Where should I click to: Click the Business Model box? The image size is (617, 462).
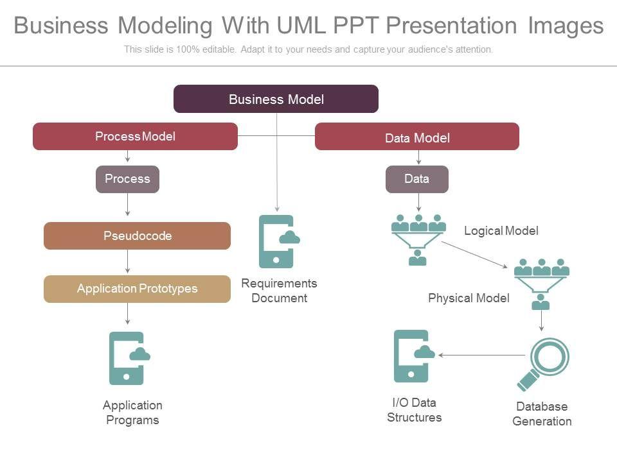(x=276, y=99)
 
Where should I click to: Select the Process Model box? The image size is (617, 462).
(x=135, y=136)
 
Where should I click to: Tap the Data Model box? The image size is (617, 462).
(x=417, y=137)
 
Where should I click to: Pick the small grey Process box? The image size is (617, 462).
(x=127, y=179)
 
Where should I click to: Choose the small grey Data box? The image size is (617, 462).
(x=417, y=179)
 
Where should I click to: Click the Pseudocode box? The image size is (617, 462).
(x=137, y=235)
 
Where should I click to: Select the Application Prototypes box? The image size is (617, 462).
(x=137, y=289)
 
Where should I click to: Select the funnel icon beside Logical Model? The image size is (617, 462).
(x=418, y=239)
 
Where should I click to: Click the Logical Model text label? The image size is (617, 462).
(x=501, y=230)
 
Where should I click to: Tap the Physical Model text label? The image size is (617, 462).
(x=469, y=298)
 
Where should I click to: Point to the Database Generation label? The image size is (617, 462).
(x=542, y=414)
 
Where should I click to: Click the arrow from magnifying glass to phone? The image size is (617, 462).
(x=482, y=355)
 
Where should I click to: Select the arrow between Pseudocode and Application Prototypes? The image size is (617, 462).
(x=128, y=262)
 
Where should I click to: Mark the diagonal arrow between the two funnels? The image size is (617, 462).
(x=474, y=254)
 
